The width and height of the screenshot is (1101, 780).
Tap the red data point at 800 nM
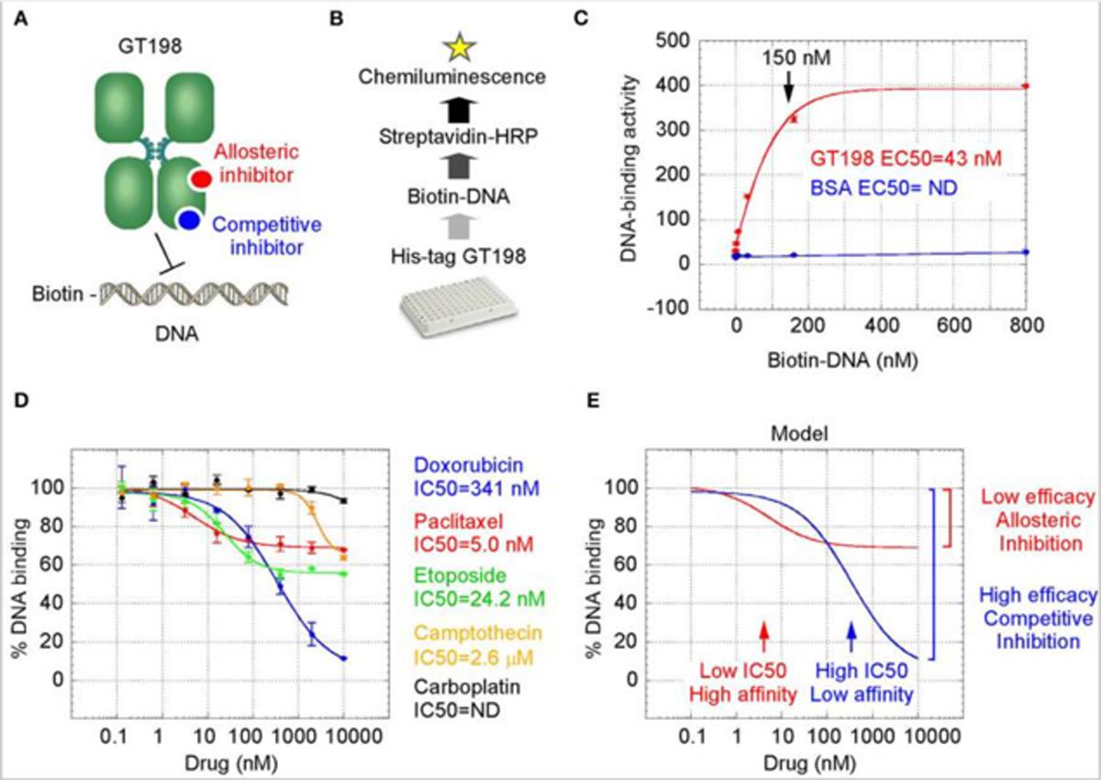click(1025, 86)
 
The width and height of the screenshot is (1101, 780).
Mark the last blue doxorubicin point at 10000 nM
click(343, 658)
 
